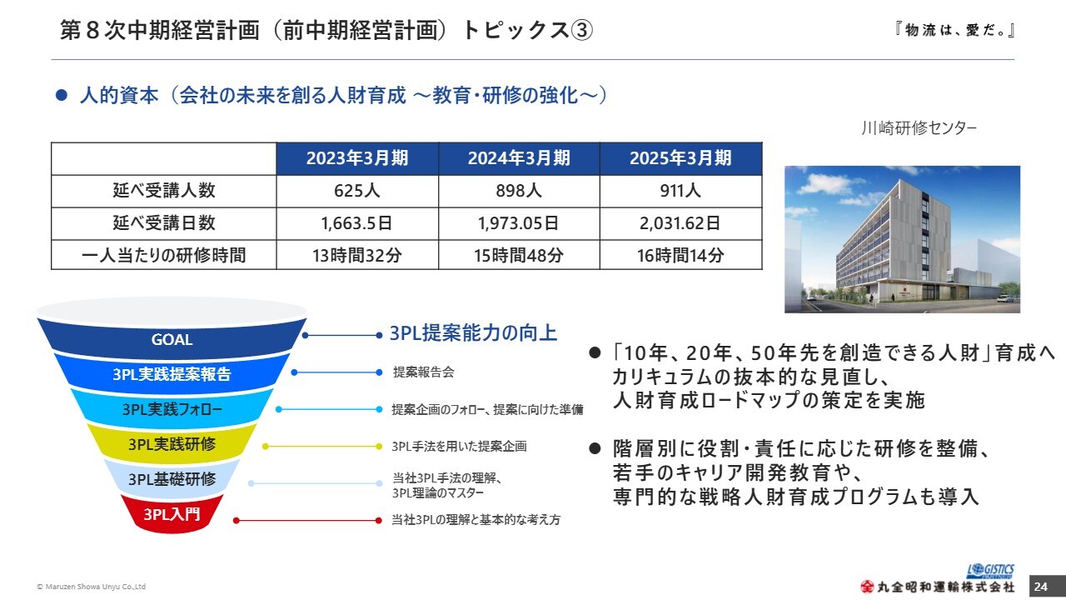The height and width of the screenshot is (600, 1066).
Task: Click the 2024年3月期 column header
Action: tap(519, 158)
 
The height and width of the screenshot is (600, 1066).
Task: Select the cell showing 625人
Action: tap(357, 191)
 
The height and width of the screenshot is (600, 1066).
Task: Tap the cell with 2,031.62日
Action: tap(680, 223)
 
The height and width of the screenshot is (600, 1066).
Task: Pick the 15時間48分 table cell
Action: tap(519, 255)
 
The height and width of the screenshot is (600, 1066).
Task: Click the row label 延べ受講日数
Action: tap(164, 223)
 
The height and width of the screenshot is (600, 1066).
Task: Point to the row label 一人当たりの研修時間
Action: tap(164, 255)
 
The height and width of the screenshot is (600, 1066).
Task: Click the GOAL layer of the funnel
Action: tap(172, 339)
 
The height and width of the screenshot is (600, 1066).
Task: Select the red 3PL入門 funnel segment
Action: tap(172, 514)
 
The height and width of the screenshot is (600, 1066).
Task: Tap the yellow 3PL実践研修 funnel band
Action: tap(172, 444)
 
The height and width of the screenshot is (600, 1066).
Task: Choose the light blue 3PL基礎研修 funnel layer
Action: tap(172, 478)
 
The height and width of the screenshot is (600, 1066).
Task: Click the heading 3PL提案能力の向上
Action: tap(473, 332)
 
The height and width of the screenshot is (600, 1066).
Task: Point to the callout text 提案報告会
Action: tap(424, 372)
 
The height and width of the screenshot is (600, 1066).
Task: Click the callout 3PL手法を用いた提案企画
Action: tap(459, 446)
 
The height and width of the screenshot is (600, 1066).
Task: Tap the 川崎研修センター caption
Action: tap(919, 127)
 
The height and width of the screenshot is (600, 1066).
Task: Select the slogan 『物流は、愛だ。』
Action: tap(955, 30)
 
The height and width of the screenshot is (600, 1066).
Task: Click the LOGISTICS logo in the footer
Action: tap(990, 571)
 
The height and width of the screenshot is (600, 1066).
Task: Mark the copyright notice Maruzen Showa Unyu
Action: tap(92, 587)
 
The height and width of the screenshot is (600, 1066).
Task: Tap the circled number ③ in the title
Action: tap(581, 30)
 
